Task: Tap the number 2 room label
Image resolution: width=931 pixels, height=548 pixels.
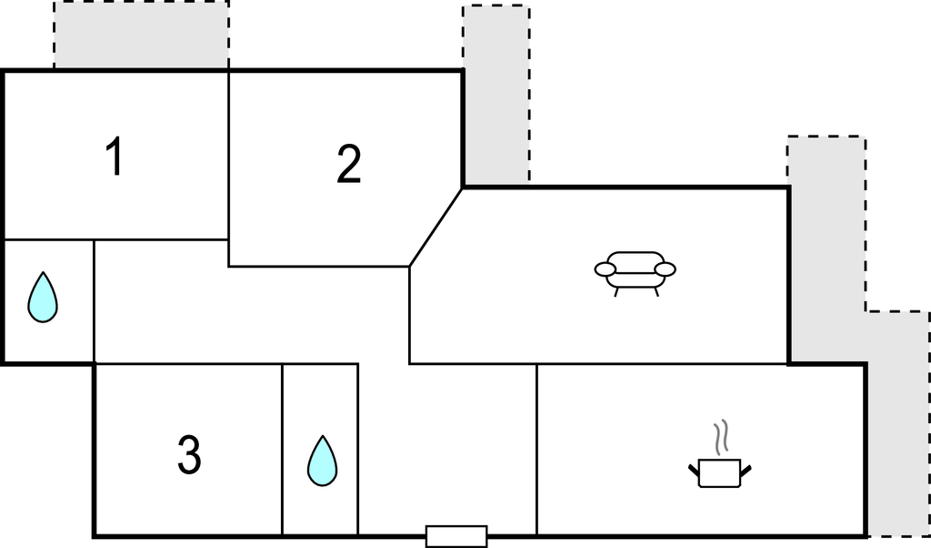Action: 348,164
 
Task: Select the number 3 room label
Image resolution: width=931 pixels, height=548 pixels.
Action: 189,454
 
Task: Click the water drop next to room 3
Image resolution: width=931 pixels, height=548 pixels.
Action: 323,461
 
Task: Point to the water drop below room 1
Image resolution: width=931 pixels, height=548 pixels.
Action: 43,297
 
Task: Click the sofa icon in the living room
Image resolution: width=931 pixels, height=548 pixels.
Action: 636,273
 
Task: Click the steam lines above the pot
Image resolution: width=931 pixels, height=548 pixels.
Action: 720,438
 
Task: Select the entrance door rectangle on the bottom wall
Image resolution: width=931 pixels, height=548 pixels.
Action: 456,536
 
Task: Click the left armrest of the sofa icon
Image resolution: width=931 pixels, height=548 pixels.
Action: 605,269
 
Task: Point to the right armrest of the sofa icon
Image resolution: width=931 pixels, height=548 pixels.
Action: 665,269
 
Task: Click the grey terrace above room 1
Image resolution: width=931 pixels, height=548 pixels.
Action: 141,35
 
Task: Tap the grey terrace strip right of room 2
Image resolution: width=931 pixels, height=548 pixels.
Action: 496,95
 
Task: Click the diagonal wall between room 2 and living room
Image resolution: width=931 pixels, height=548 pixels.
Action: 435,228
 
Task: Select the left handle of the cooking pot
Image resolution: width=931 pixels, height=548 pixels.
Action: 694,471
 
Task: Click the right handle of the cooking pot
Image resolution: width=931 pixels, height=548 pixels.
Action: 746,471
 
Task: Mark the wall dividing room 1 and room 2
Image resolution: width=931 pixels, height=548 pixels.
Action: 228,168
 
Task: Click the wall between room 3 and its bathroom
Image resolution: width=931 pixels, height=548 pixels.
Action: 282,450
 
